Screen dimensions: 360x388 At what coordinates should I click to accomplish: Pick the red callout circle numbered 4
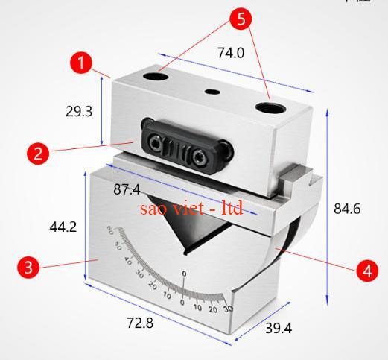point(366,271)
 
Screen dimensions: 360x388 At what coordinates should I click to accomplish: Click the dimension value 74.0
point(231,53)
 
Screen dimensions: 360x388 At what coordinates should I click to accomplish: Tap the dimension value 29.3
point(79,112)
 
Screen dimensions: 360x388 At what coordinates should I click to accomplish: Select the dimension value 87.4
point(127,190)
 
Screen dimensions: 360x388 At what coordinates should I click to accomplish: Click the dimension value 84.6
point(347,209)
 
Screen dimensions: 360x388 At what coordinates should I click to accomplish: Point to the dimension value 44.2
point(63,227)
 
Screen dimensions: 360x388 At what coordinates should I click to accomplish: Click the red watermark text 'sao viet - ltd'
point(191,208)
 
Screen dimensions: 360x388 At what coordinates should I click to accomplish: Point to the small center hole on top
point(213,92)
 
